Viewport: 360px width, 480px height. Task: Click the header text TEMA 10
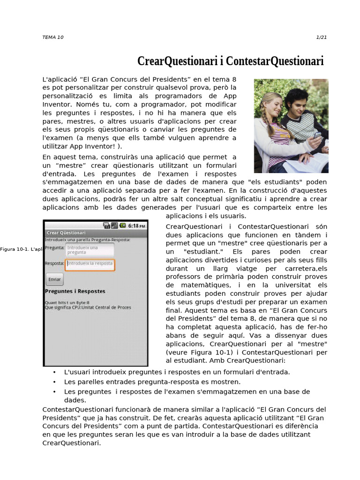[52, 37]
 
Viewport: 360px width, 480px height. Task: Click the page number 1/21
[322, 37]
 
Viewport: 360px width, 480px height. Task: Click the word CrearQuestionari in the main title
[177, 61]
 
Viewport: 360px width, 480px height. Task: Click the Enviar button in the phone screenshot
[54, 279]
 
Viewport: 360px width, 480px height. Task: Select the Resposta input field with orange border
[90, 264]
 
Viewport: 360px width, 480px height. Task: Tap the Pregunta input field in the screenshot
[90, 249]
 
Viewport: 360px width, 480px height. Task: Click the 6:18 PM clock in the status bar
[136, 225]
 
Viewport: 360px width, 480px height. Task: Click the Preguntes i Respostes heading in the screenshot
[75, 292]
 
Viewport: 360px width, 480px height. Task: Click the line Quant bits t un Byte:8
[67, 303]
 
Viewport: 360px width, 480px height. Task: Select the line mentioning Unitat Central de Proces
[88, 307]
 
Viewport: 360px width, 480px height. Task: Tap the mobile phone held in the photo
[317, 135]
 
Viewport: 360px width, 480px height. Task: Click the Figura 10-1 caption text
[22, 249]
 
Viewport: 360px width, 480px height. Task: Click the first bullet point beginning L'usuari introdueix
[177, 372]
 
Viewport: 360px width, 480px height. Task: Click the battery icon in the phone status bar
[122, 225]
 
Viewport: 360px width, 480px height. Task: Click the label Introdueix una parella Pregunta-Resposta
[88, 240]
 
